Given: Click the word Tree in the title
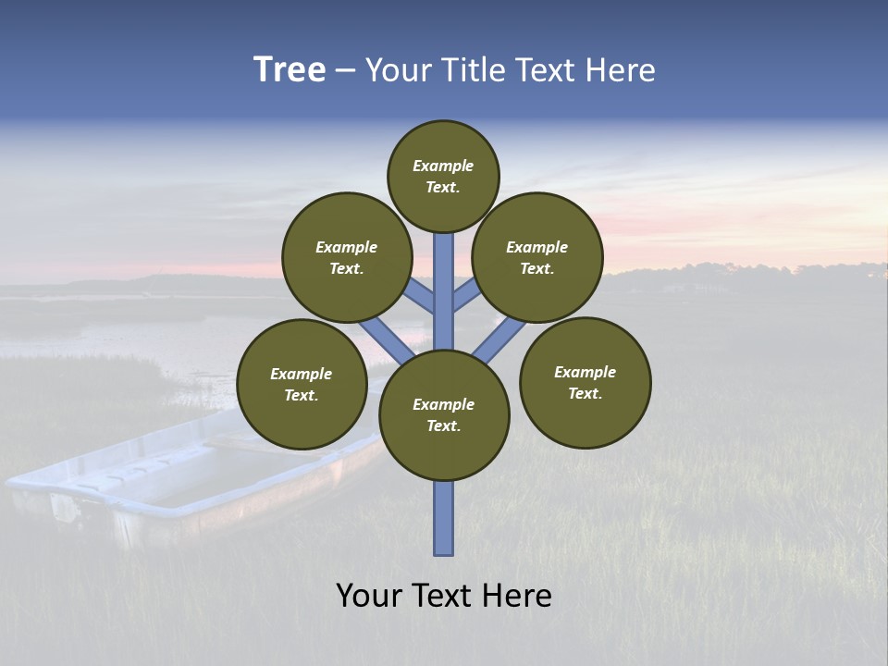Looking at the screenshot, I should tap(290, 70).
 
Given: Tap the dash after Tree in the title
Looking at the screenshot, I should tap(345, 71).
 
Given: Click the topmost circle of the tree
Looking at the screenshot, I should tap(443, 176).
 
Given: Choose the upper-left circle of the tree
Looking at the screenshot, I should tap(347, 257).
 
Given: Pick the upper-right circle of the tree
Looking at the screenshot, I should tap(537, 257).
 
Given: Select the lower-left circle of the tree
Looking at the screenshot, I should tap(302, 384).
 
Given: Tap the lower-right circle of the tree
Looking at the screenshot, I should tap(586, 382).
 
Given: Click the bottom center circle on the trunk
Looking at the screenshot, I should tap(444, 414).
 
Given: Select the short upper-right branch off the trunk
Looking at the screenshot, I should tap(465, 296).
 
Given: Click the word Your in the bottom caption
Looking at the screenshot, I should tap(367, 595).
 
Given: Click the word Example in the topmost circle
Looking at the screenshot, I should tap(443, 166).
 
